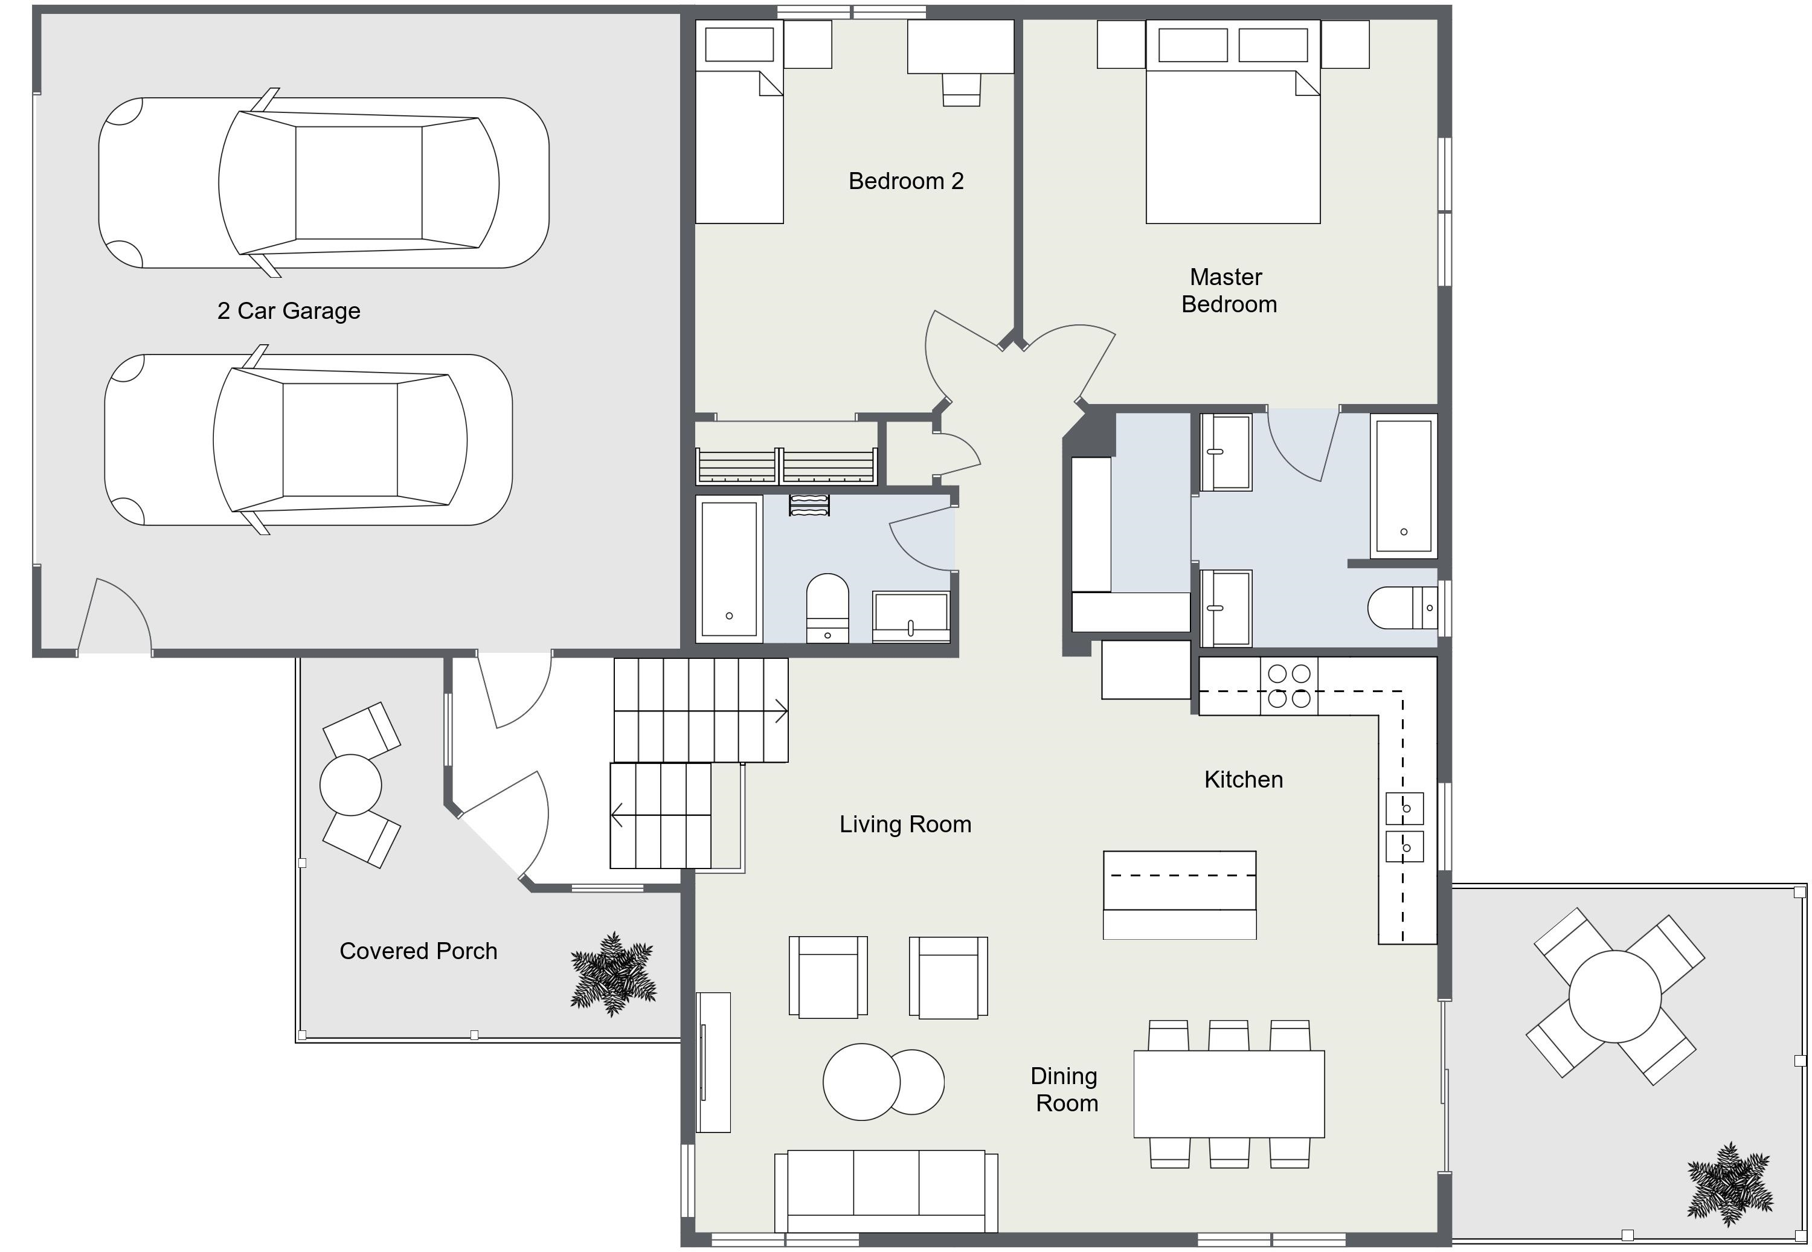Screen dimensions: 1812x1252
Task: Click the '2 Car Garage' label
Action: point(289,310)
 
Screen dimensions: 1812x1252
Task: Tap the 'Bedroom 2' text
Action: point(906,181)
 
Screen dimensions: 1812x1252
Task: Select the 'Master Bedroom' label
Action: point(1229,291)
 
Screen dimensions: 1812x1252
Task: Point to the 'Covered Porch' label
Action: point(418,951)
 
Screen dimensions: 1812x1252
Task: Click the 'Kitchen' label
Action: point(1243,779)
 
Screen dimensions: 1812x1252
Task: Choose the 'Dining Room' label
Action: point(1064,1090)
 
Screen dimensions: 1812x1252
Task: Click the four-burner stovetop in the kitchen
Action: point(1289,685)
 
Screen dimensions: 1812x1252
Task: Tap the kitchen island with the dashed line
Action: point(1180,895)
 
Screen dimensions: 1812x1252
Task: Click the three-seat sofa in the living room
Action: point(885,1192)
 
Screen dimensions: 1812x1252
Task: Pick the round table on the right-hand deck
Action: point(1615,997)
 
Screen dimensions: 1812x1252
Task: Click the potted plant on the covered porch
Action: point(612,974)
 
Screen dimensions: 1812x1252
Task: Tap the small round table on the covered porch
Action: point(351,785)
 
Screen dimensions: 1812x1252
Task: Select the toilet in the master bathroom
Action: point(1402,607)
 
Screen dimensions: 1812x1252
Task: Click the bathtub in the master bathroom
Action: point(1403,486)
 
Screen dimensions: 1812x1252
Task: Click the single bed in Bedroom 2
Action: point(739,123)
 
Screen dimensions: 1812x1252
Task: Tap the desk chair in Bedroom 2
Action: point(961,89)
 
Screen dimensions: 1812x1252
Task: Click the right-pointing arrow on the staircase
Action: point(780,711)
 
